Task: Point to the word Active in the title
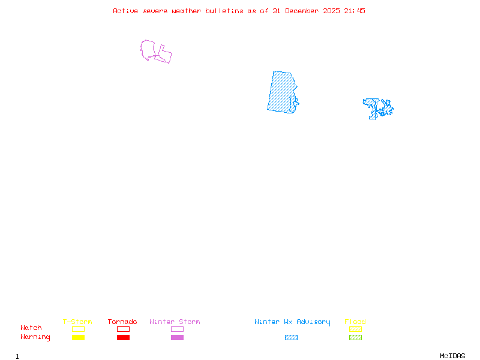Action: tap(126, 11)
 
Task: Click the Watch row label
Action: tap(31, 328)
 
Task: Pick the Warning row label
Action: tap(35, 337)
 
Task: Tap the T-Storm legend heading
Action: tap(77, 322)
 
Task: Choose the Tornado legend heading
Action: tap(122, 322)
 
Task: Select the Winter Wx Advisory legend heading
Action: tap(292, 322)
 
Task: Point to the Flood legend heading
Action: tap(355, 322)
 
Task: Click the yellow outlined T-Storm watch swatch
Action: tap(78, 329)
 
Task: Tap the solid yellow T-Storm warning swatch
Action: tap(78, 337)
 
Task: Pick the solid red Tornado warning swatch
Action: tap(123, 337)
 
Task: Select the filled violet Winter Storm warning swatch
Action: tap(177, 337)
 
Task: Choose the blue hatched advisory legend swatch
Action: tap(291, 337)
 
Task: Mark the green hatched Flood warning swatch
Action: tap(355, 337)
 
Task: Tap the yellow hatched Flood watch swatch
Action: tap(355, 329)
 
